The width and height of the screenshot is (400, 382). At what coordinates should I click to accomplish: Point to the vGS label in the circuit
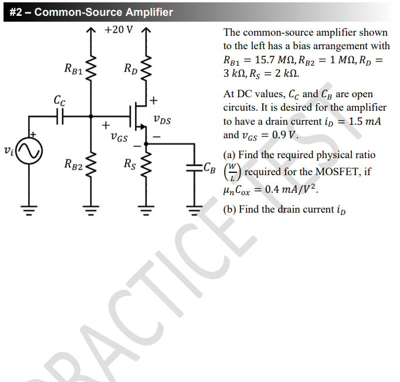[x=119, y=138]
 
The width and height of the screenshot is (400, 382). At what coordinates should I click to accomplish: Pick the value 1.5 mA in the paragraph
[x=365, y=121]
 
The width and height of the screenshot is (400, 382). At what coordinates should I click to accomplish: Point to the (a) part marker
[x=230, y=155]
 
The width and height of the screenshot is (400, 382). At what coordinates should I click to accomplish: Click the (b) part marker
[x=230, y=209]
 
